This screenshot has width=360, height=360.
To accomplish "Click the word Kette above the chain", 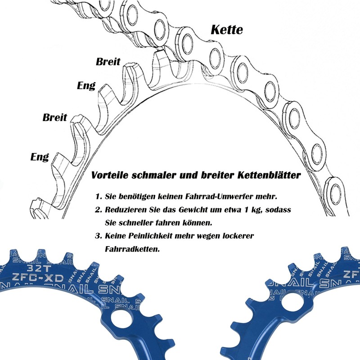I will (227, 30).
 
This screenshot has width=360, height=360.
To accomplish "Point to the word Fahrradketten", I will (132, 249).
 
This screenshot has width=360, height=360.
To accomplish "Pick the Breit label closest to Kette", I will (108, 62).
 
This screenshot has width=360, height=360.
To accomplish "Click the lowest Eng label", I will (40, 157).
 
